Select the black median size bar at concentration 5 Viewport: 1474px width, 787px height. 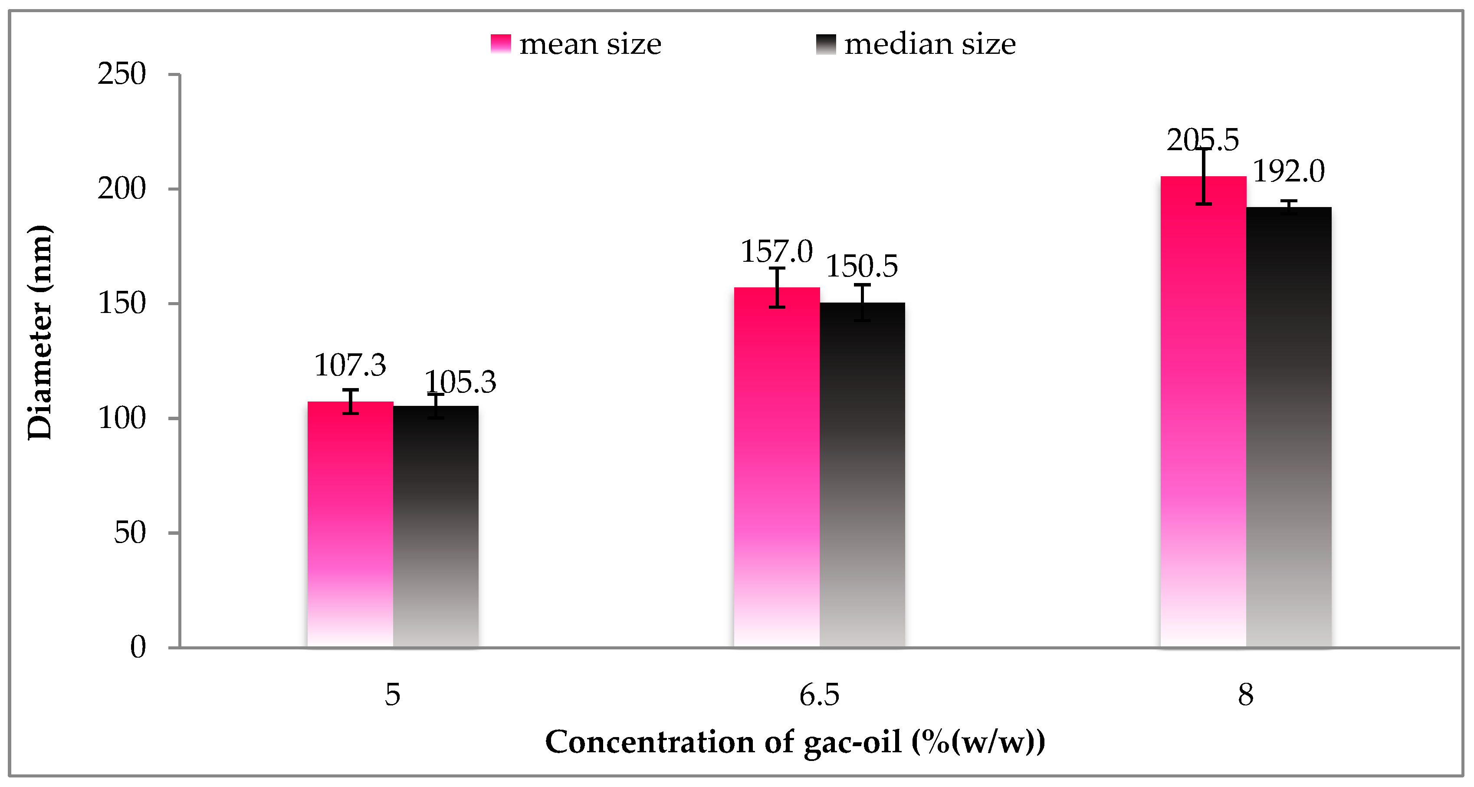[436, 527]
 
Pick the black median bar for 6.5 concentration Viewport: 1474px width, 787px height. [862, 475]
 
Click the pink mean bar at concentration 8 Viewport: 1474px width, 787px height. [1203, 412]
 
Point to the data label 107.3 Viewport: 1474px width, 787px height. [350, 365]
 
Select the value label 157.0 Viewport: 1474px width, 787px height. [776, 252]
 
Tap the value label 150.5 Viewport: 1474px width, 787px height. [862, 266]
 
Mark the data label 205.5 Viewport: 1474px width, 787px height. [1203, 140]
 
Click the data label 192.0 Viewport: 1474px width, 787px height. [1289, 171]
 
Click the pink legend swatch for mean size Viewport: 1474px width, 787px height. [501, 44]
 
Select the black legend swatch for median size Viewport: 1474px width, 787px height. [826, 44]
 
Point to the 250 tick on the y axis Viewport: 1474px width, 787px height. [122, 74]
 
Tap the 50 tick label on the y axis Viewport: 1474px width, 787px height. [130, 533]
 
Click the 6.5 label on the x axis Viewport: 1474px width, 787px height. [819, 695]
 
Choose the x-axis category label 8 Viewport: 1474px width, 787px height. [1246, 695]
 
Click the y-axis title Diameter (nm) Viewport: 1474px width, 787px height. [40, 332]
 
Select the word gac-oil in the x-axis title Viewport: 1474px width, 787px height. [852, 742]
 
